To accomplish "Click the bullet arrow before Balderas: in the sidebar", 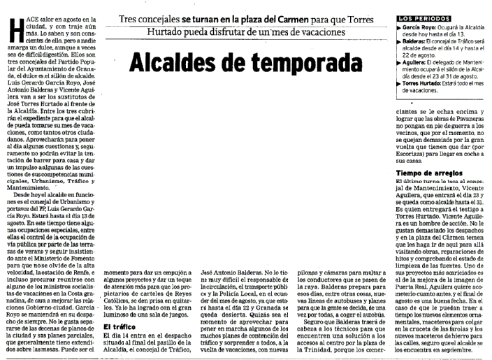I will (398, 41).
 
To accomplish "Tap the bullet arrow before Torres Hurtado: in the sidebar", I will (398, 82).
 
